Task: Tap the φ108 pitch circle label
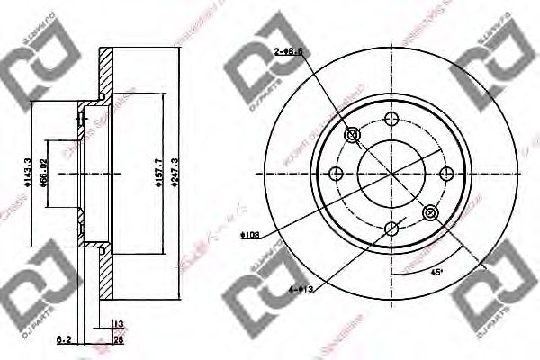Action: [x=250, y=236]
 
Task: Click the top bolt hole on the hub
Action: [x=391, y=118]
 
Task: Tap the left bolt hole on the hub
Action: [x=336, y=174]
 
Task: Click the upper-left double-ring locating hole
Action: [x=352, y=135]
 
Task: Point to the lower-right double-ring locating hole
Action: [x=430, y=213]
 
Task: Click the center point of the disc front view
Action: [x=391, y=174]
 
